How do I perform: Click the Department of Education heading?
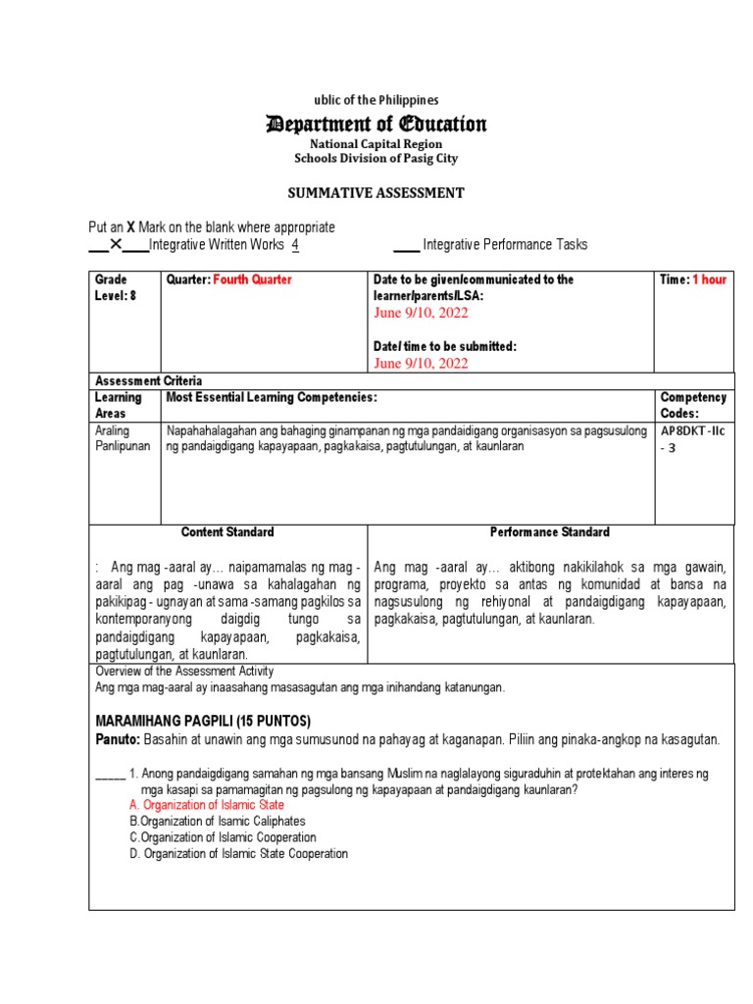(x=376, y=125)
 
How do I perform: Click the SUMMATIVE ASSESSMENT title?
(x=376, y=193)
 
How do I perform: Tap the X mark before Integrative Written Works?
(x=116, y=244)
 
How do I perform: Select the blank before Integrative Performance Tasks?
(x=405, y=245)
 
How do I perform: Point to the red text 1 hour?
(x=709, y=279)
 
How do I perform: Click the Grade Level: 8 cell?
(x=112, y=287)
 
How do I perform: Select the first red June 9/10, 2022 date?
(x=421, y=313)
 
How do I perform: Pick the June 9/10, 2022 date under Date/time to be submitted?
(x=421, y=363)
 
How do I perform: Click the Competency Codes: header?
(x=692, y=405)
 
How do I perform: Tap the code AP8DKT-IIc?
(x=693, y=431)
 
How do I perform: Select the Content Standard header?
(x=227, y=532)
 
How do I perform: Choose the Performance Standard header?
(x=549, y=532)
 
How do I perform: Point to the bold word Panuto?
(x=118, y=738)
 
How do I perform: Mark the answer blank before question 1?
(x=110, y=774)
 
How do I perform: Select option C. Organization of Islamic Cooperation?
(x=223, y=837)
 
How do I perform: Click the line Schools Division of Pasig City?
(x=376, y=158)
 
